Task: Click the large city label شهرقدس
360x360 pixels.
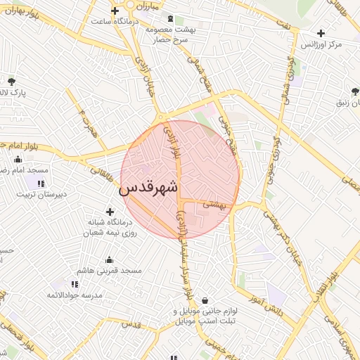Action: coord(148,188)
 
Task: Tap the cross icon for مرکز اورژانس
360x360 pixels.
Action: coord(321,33)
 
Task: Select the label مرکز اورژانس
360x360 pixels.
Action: coord(321,45)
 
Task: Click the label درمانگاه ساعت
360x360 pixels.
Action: coord(117,21)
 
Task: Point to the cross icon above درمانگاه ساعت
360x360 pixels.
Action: coord(115,10)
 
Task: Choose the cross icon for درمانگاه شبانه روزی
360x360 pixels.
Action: coord(110,211)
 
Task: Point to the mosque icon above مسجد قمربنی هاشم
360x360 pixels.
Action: coord(108,259)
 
